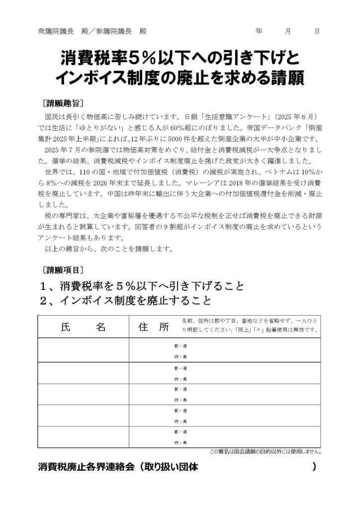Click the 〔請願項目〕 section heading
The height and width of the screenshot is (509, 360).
click(x=63, y=270)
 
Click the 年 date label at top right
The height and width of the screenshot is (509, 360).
click(x=259, y=31)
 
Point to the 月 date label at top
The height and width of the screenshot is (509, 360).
click(x=288, y=31)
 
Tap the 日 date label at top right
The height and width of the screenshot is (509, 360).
click(x=317, y=31)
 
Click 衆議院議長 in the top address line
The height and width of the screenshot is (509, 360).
click(x=56, y=31)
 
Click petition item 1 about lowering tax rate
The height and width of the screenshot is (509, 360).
click(x=142, y=286)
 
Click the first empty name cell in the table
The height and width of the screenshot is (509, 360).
click(x=83, y=350)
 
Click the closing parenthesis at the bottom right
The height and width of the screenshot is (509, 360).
click(x=314, y=467)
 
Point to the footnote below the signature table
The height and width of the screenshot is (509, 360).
click(x=265, y=452)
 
